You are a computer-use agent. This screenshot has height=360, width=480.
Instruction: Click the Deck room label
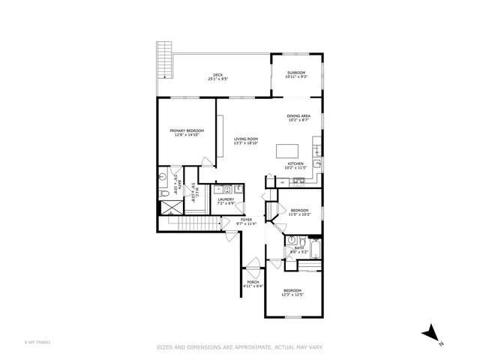217,76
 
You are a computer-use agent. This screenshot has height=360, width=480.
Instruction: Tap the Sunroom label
295,74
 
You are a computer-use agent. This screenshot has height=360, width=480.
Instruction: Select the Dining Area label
298,118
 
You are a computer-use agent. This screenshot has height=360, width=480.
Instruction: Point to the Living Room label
246,140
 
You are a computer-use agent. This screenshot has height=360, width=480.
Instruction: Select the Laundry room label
226,201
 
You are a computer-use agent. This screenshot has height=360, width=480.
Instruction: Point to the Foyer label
247,221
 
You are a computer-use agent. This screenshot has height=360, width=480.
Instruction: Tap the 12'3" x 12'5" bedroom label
292,292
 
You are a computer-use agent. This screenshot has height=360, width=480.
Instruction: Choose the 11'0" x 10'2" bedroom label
299,211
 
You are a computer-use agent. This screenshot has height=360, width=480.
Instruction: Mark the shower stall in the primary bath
164,205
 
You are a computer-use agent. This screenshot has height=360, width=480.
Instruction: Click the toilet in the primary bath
164,193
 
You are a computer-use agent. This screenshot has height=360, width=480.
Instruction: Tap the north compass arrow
430,333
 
